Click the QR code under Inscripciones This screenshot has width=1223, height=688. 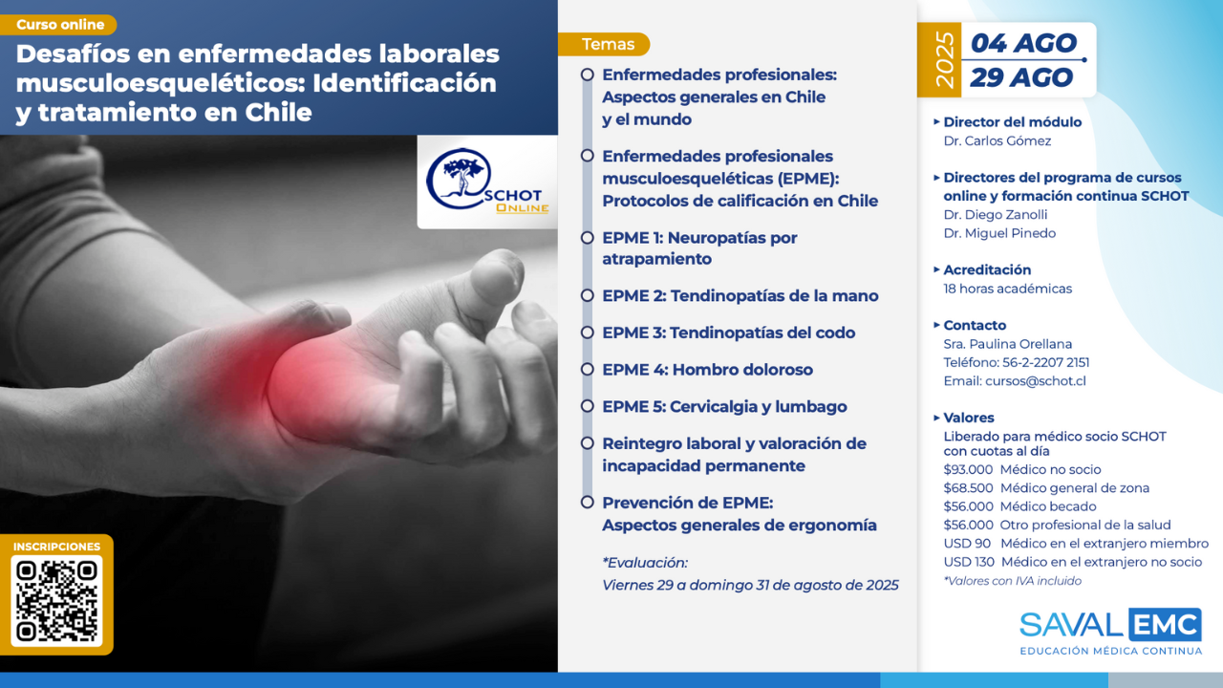(x=56, y=601)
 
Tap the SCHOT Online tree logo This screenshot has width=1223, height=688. (x=487, y=181)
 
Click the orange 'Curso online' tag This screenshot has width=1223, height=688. (x=58, y=25)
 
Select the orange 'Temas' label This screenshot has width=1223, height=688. (x=605, y=44)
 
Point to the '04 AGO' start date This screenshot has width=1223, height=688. (x=1023, y=43)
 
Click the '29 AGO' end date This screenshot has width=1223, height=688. (x=1021, y=77)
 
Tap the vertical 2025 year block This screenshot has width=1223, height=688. (x=939, y=60)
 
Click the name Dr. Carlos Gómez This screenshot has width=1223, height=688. (x=997, y=140)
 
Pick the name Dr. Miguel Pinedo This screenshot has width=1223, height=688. (x=999, y=233)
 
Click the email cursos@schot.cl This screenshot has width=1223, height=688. (x=1035, y=381)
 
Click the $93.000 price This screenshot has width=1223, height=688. (x=968, y=469)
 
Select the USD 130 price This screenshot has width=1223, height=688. (x=969, y=562)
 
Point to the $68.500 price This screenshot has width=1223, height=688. (x=968, y=488)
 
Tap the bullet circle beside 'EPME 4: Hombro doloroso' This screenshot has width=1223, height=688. (x=587, y=370)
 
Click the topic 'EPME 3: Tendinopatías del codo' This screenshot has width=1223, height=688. (x=728, y=333)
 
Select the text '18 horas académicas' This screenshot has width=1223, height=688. (x=1007, y=289)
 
